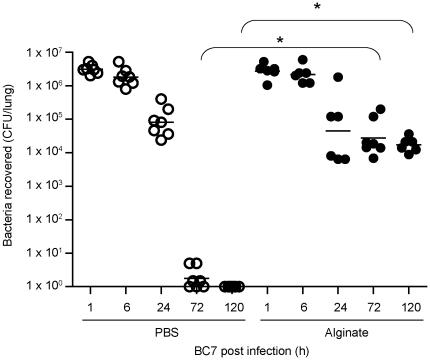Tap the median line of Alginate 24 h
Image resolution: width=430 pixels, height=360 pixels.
coord(338,131)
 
